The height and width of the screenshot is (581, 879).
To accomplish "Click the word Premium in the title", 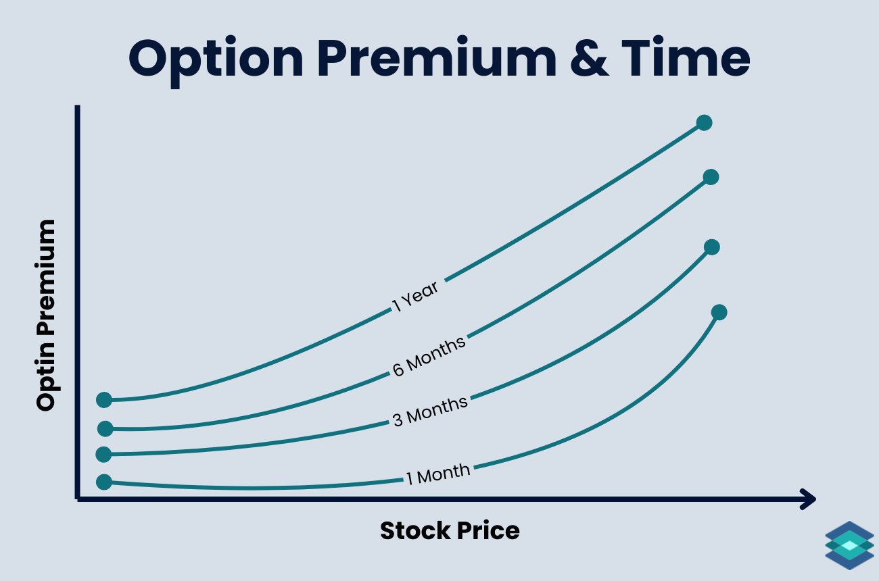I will click(x=433, y=59).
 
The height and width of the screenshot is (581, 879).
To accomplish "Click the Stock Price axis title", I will click(x=450, y=530).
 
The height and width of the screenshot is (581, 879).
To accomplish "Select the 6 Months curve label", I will click(x=429, y=355).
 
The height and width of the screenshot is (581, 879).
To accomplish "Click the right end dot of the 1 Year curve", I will click(x=704, y=123).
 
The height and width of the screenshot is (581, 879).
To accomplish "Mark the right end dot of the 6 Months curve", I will click(x=710, y=177).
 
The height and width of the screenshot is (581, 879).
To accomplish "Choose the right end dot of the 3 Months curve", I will click(x=711, y=247).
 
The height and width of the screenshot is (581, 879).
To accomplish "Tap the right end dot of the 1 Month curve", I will click(x=719, y=312).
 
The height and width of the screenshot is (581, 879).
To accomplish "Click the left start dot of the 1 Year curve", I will click(x=103, y=400).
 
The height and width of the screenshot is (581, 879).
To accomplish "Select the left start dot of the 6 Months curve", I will click(x=105, y=428).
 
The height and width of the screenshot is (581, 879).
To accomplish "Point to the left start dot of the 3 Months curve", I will click(x=103, y=454).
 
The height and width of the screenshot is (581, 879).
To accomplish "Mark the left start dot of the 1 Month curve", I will click(x=103, y=482).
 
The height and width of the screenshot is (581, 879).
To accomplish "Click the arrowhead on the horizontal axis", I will click(x=808, y=499).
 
